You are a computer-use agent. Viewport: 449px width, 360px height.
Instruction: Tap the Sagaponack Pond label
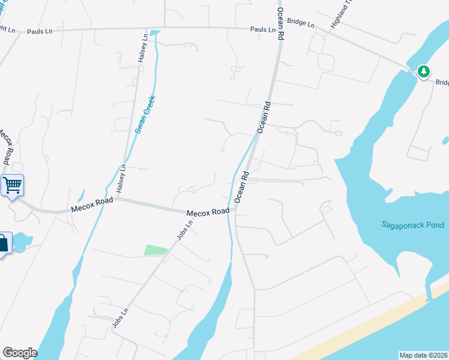point(413,225)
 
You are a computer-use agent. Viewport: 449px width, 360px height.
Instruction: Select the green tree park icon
point(424,72)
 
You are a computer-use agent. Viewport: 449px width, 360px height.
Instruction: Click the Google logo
point(20,353)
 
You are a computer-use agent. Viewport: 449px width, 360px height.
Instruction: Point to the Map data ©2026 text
point(424,355)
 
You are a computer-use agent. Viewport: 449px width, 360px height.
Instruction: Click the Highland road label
point(339,18)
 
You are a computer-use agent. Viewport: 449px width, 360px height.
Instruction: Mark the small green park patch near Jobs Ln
point(156,250)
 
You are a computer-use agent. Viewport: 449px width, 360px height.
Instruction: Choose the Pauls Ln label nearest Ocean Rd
point(263,29)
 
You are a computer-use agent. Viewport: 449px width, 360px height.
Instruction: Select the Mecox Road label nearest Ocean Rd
point(208,212)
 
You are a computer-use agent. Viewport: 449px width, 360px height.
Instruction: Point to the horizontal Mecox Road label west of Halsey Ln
point(91,207)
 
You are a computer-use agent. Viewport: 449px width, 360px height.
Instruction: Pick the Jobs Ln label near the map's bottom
point(121,318)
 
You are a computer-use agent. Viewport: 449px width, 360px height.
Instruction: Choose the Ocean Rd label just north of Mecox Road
point(241,187)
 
